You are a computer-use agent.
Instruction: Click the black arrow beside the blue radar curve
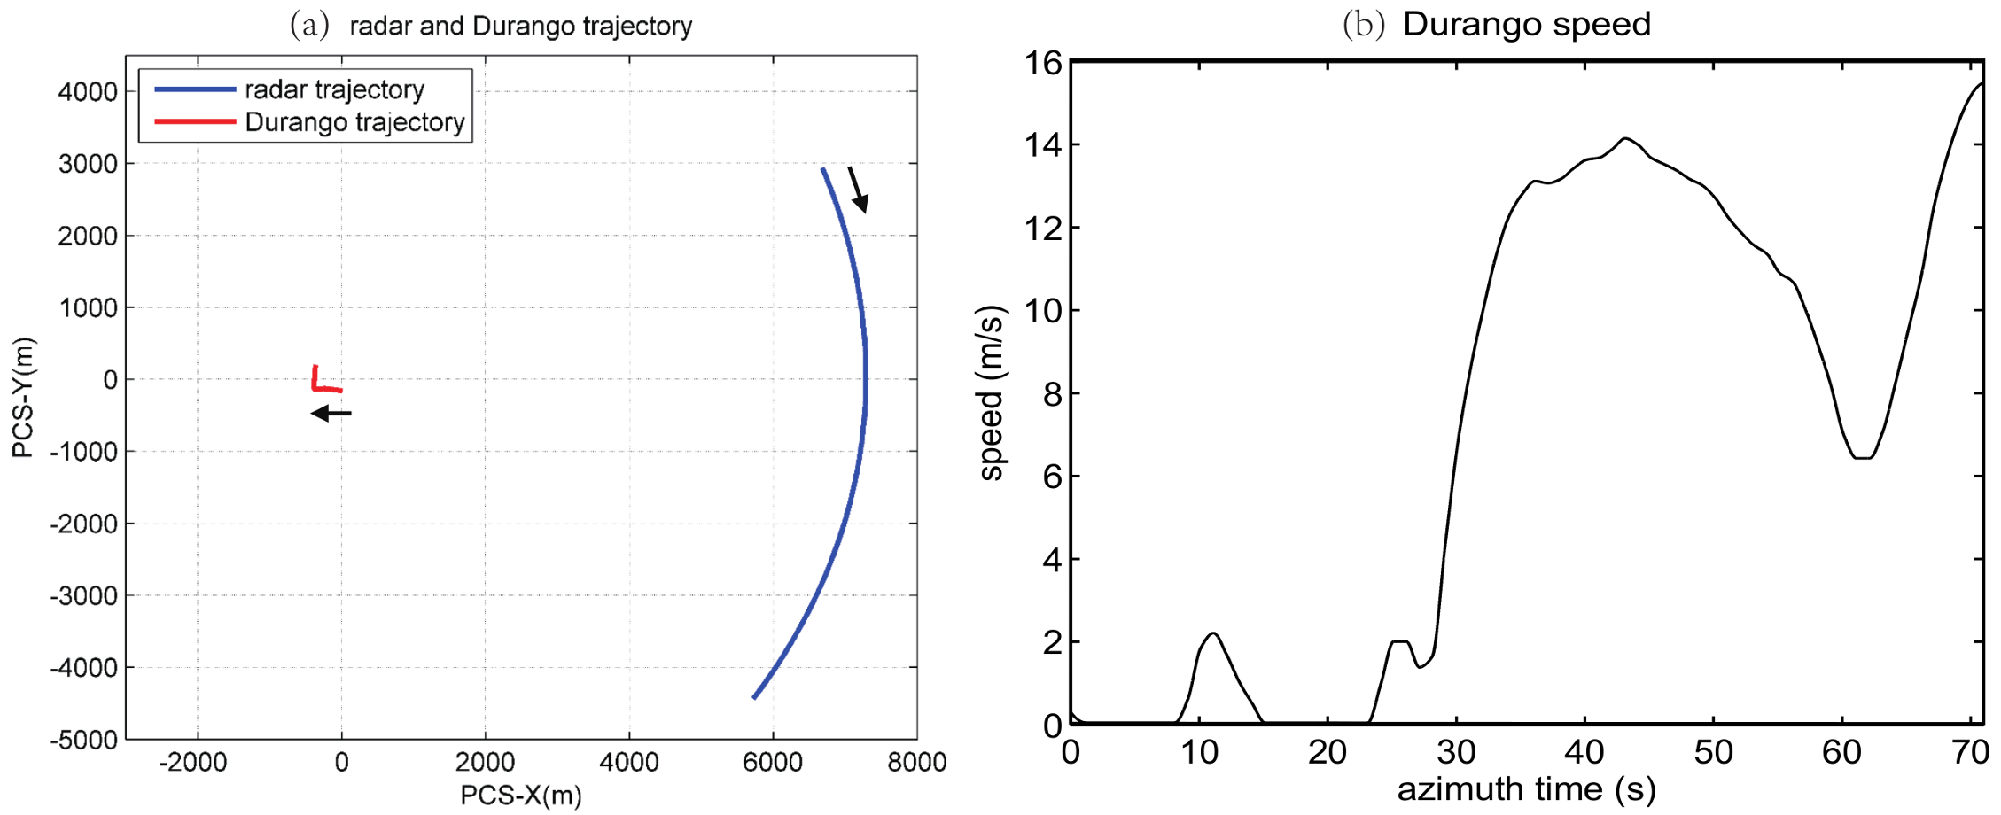[x=857, y=189]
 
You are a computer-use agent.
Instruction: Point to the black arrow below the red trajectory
[x=331, y=413]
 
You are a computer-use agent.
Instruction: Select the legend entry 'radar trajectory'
[x=334, y=89]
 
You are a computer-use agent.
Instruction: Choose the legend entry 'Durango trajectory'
[x=354, y=122]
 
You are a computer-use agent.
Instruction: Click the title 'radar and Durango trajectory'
[x=520, y=26]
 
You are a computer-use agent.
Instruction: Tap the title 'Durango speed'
[x=1526, y=24]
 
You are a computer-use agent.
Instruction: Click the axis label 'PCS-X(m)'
[x=520, y=796]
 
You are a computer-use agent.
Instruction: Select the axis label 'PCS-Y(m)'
[x=23, y=398]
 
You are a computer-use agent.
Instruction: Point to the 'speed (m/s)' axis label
[x=992, y=392]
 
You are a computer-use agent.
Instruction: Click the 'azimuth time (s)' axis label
[x=1526, y=788]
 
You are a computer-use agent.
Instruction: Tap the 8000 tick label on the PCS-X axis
[x=916, y=762]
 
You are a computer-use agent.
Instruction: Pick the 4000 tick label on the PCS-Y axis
[x=88, y=91]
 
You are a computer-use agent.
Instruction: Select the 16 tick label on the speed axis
[x=1042, y=63]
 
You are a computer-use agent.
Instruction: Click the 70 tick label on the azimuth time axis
[x=1970, y=753]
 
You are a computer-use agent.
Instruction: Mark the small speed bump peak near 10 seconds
[x=1212, y=633]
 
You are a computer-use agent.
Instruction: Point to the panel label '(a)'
[x=309, y=26]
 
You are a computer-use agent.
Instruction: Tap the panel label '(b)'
[x=1363, y=24]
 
